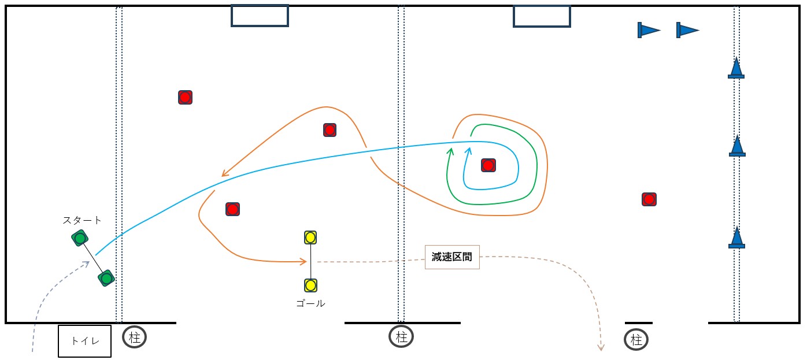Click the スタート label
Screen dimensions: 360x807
click(x=82, y=220)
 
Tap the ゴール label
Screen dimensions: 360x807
click(x=310, y=303)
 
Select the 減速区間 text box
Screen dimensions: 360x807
click(x=452, y=257)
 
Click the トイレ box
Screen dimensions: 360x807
click(x=85, y=341)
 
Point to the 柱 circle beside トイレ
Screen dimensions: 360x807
click(x=135, y=337)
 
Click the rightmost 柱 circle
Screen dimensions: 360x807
click(x=636, y=340)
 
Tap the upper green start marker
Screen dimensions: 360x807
click(x=80, y=238)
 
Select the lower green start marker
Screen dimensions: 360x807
click(x=106, y=279)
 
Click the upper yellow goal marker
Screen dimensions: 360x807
click(x=310, y=237)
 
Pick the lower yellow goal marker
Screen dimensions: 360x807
click(x=310, y=285)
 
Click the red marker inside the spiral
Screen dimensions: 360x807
click(x=488, y=166)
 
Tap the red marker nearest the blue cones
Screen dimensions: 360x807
click(x=649, y=199)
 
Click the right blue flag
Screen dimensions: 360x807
click(x=687, y=30)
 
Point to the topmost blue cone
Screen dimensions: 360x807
click(x=736, y=68)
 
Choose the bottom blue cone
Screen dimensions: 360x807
click(x=736, y=238)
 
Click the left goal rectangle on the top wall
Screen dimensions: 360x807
click(x=260, y=16)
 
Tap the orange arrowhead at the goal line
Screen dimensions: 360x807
click(x=303, y=262)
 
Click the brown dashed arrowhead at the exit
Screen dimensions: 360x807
click(x=601, y=347)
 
